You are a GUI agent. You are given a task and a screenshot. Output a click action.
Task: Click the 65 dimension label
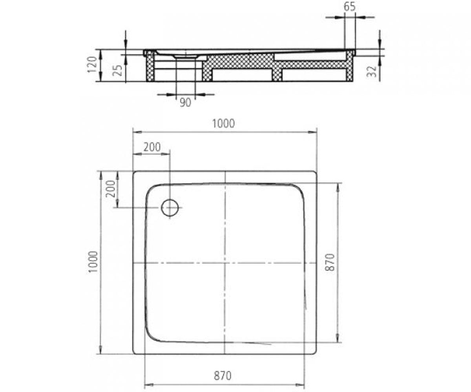350,7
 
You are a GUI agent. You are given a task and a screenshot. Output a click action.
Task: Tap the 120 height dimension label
92,65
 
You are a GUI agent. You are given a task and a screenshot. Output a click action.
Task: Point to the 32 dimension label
372,71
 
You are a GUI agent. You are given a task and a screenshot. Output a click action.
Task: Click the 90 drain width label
185,103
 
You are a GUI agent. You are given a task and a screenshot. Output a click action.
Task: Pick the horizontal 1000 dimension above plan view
223,123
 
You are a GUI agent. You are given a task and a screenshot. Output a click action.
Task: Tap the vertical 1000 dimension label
93,262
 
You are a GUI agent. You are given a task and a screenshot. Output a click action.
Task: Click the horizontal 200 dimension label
152,147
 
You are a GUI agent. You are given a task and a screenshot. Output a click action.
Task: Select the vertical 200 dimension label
111,189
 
